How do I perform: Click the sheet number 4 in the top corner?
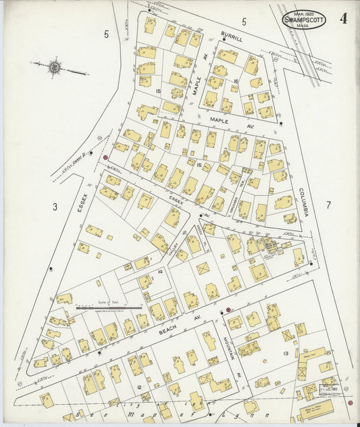tap(344, 18)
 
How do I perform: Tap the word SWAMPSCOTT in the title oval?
tap(304, 20)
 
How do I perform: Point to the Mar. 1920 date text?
tap(304, 12)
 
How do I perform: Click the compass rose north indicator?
tap(54, 67)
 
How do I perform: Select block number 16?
tap(236, 81)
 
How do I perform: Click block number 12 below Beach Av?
tap(138, 386)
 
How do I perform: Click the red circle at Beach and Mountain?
tap(229, 310)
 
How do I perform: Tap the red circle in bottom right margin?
tap(350, 403)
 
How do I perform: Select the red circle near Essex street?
tap(105, 157)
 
